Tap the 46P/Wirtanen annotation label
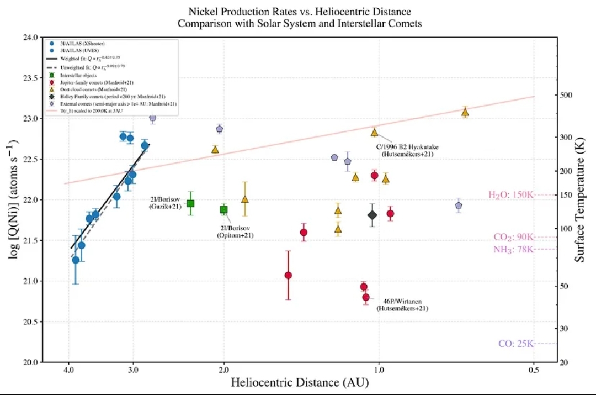pos(402,305)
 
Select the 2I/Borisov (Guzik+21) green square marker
pos(190,203)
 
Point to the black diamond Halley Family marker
pos(372,215)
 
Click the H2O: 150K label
pos(511,195)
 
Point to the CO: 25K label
pos(515,344)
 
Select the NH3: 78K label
pos(513,250)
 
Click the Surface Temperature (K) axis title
pos(581,199)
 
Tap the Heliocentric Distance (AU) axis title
pos(299,382)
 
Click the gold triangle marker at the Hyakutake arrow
pos(374,132)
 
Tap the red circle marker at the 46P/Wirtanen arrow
pos(366,297)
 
